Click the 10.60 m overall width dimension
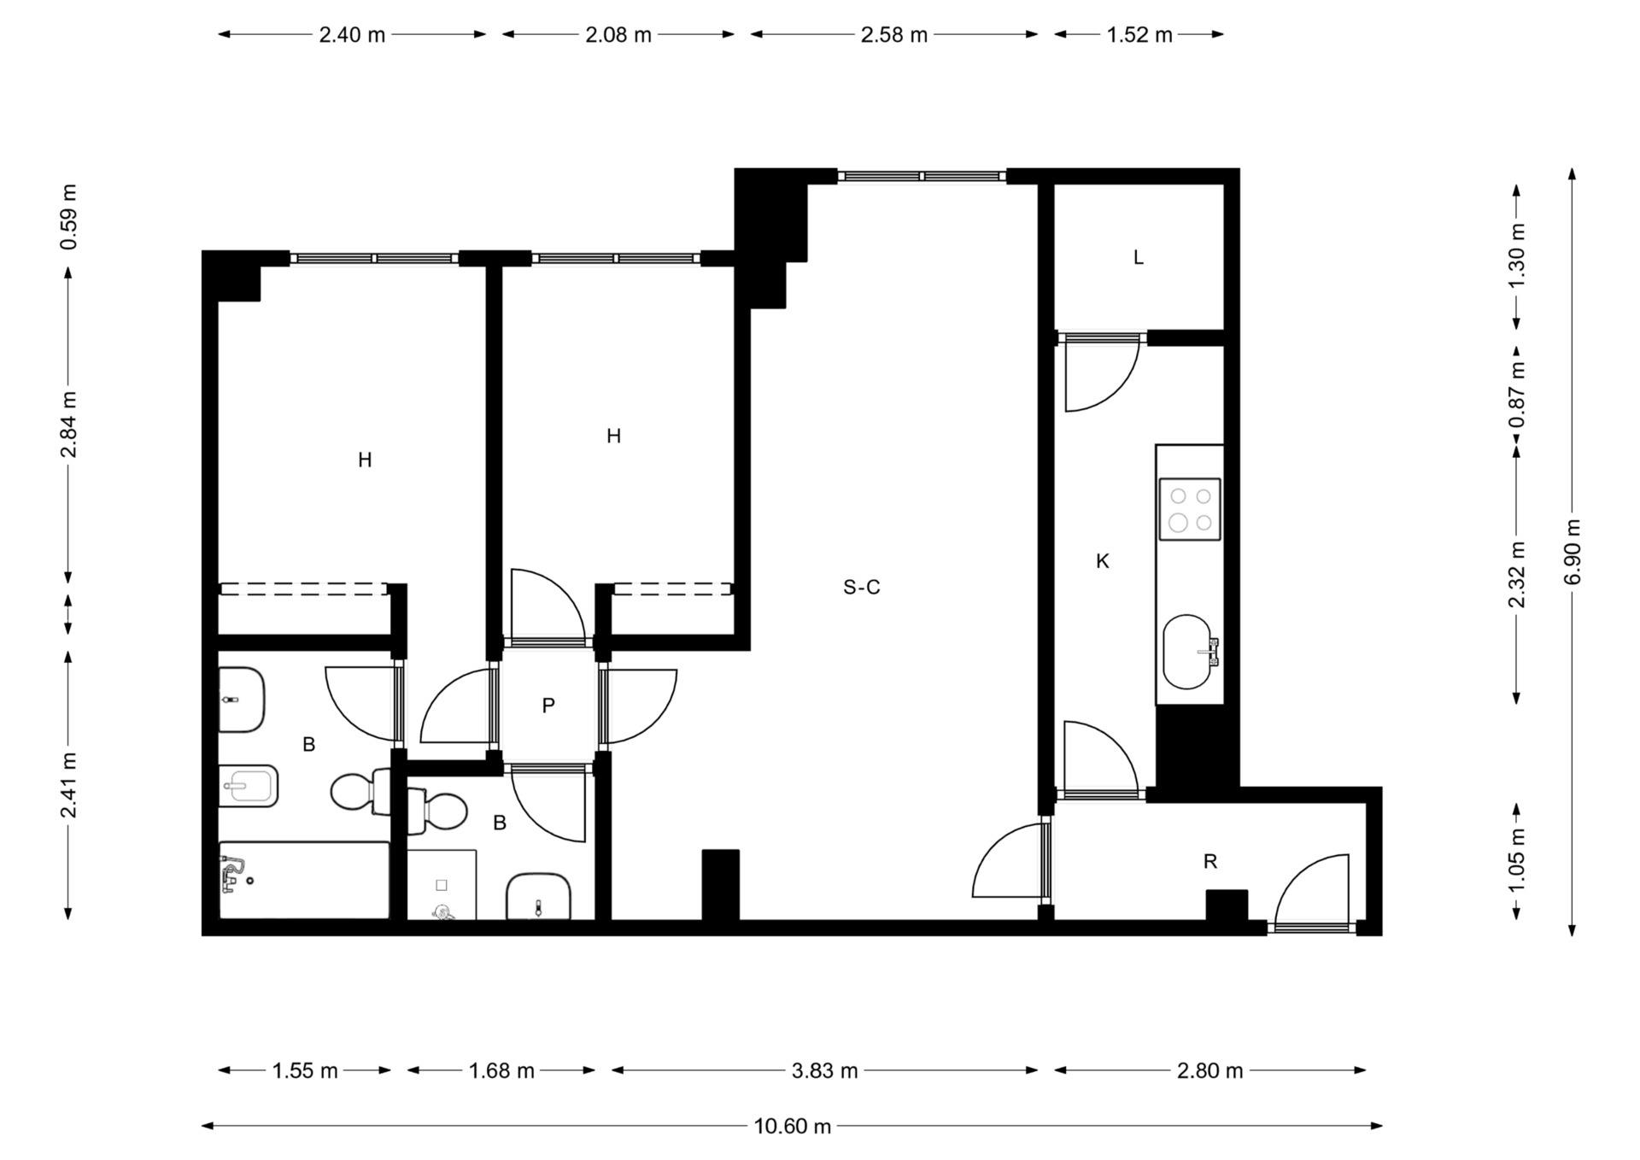(x=792, y=1126)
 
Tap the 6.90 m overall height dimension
(x=1573, y=552)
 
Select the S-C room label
(x=861, y=587)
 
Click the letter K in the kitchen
(x=1103, y=561)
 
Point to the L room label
(x=1138, y=257)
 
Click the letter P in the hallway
(x=548, y=705)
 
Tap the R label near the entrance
(x=1209, y=862)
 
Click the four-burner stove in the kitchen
(x=1190, y=509)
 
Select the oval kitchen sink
(x=1188, y=652)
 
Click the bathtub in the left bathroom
(x=304, y=881)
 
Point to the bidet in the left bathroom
(x=248, y=786)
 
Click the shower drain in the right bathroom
(x=442, y=885)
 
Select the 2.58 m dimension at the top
(x=894, y=34)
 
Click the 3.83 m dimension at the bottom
(x=824, y=1070)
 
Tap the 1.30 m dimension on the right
(x=1517, y=256)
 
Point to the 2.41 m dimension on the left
(x=68, y=785)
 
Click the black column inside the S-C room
(x=720, y=885)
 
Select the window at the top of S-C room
(x=922, y=176)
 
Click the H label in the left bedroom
(x=365, y=460)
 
